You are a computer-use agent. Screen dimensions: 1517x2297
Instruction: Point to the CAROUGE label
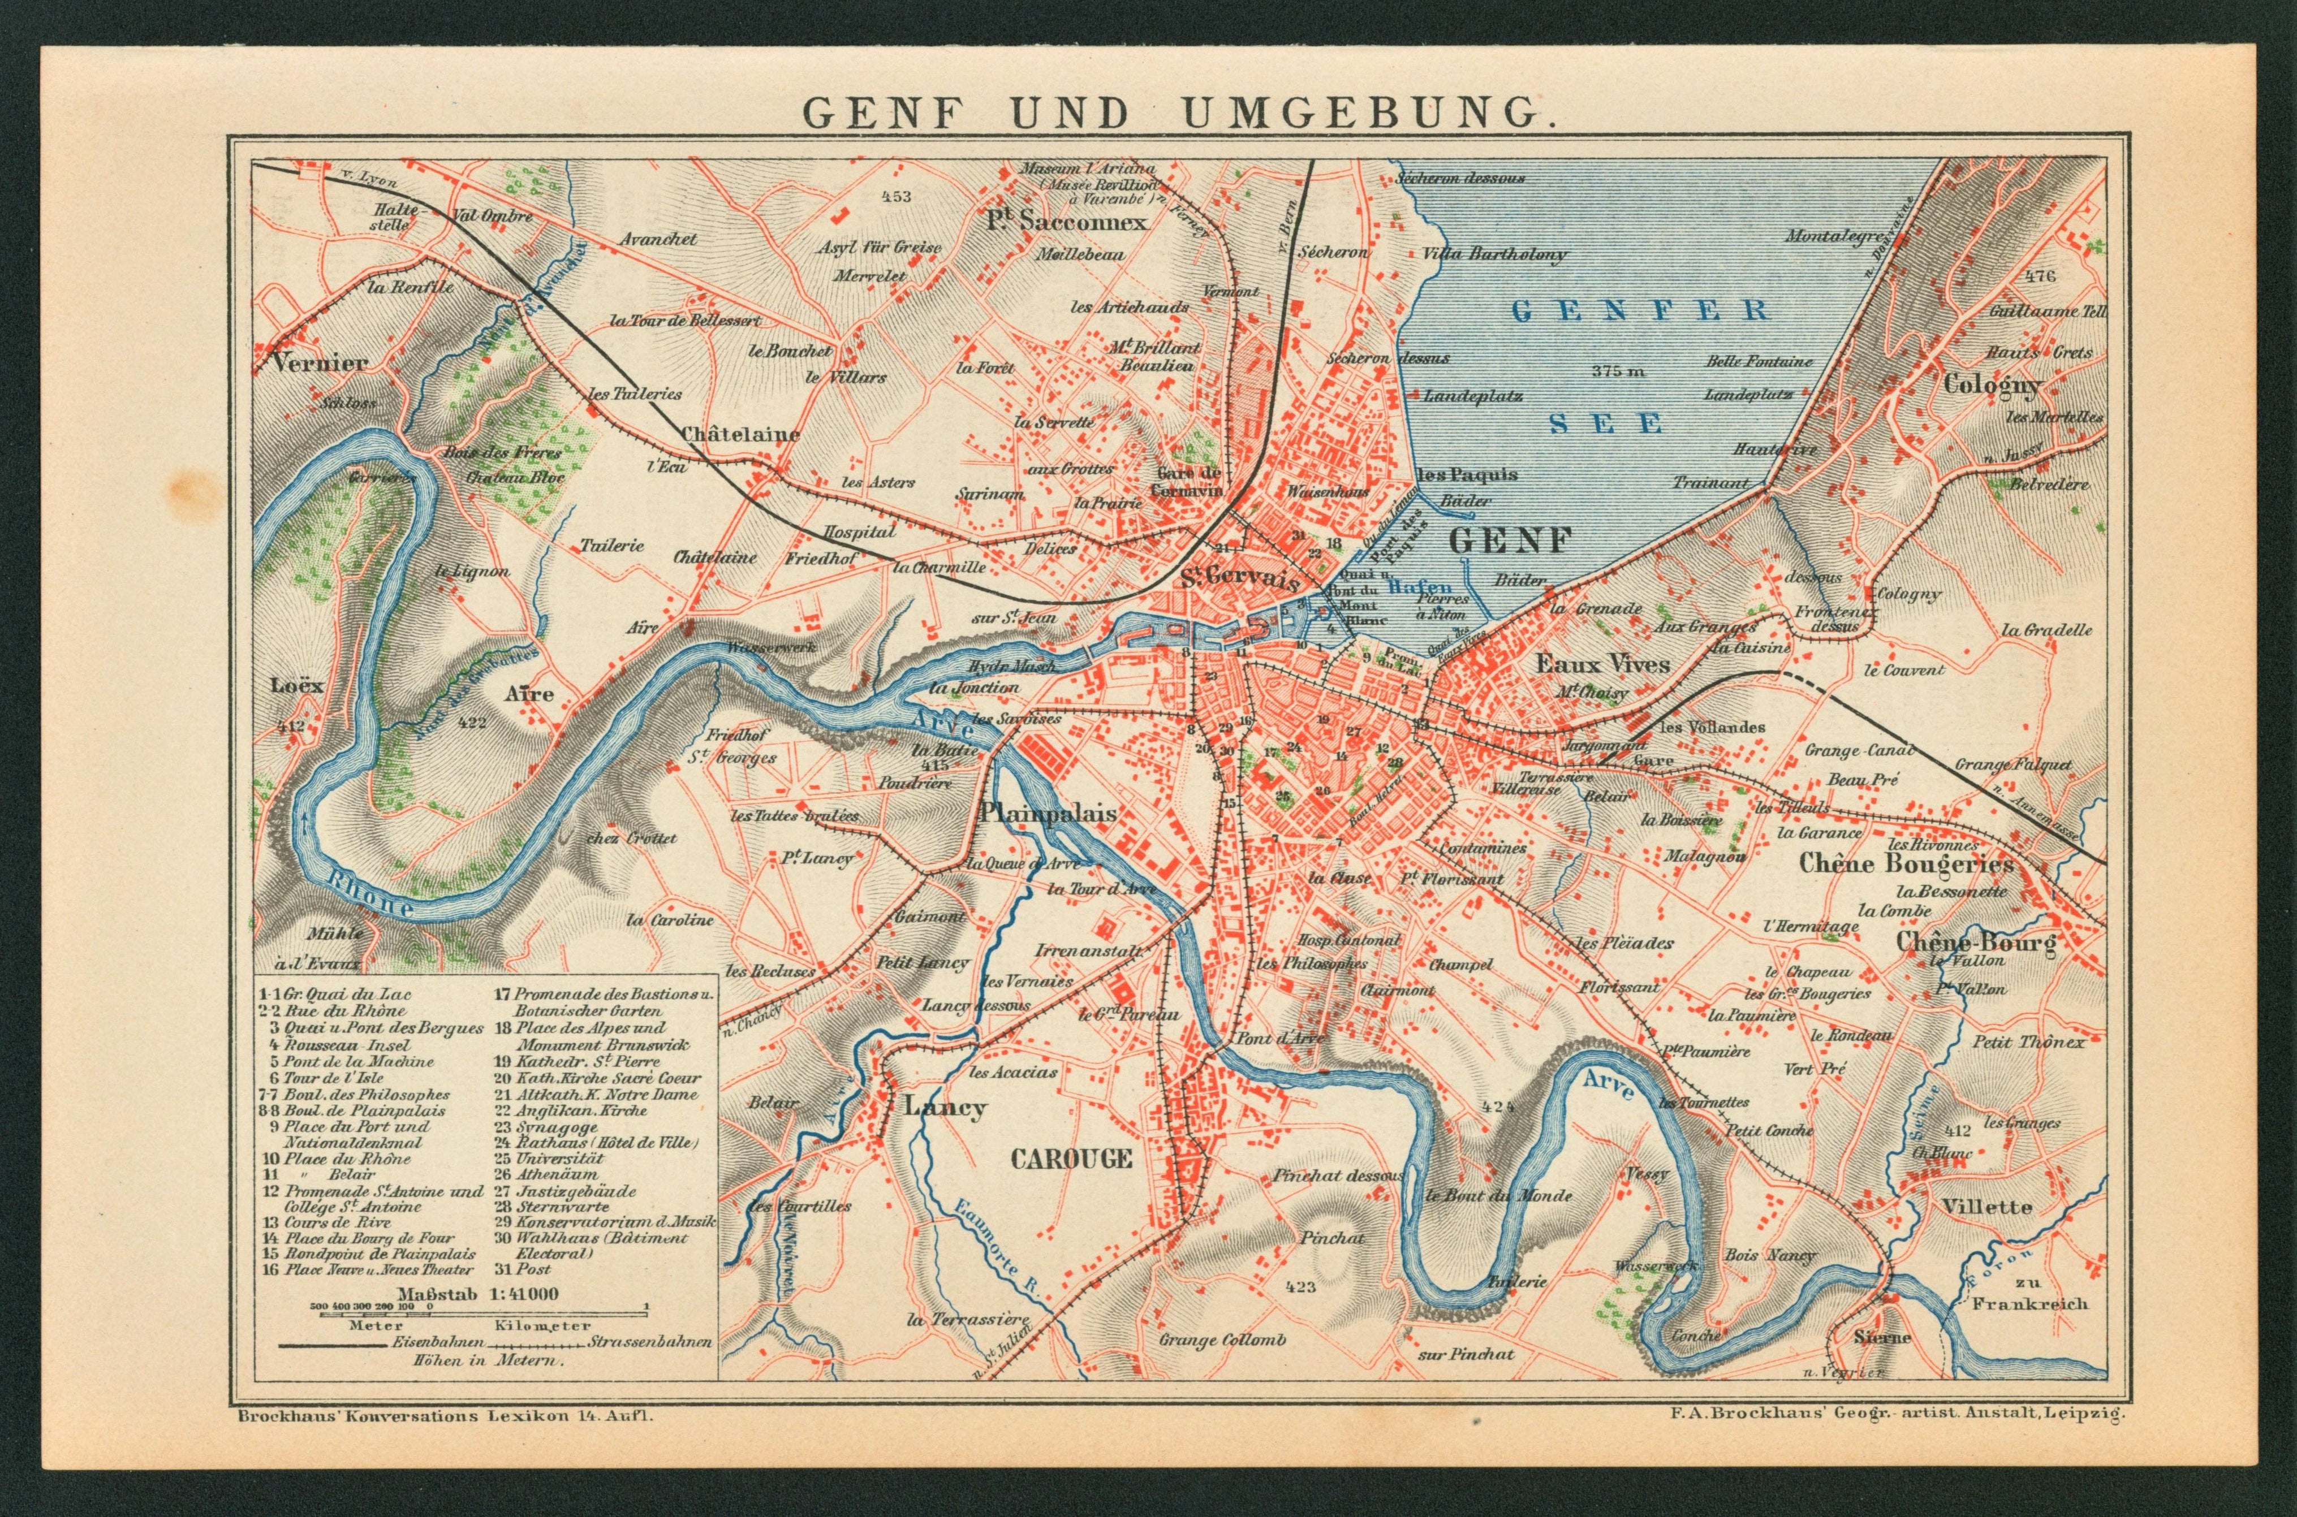point(1071,1158)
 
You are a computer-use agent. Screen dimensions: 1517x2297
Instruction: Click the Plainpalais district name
point(1048,814)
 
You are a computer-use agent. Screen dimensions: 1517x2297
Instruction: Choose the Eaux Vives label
point(1602,664)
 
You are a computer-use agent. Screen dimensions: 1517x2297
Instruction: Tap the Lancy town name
point(945,1107)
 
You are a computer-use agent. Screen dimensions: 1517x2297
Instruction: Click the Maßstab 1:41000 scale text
point(477,1294)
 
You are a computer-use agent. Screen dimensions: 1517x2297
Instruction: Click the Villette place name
point(1985,1207)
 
